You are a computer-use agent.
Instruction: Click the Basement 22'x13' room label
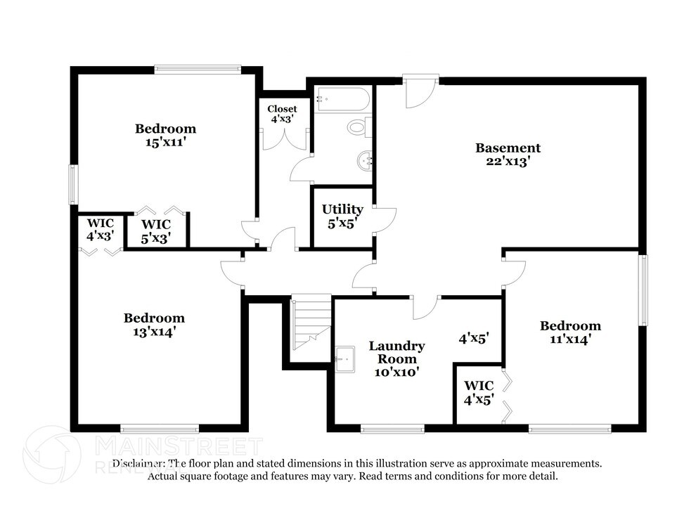(508, 154)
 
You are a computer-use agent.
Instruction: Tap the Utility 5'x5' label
(342, 216)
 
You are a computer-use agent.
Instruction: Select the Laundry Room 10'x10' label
(397, 359)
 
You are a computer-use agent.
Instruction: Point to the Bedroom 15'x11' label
(165, 135)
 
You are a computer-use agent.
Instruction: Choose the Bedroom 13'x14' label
(154, 325)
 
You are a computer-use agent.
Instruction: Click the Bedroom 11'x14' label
(570, 332)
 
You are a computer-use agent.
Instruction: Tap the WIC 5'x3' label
(156, 230)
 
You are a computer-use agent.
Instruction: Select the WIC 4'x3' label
(101, 229)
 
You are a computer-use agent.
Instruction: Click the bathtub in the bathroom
(342, 99)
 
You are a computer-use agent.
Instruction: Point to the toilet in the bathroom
(358, 127)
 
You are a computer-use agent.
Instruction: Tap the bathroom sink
(365, 161)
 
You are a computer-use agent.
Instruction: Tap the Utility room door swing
(385, 220)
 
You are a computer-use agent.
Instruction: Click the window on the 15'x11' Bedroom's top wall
(198, 69)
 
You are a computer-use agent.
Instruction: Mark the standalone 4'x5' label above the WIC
(474, 338)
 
